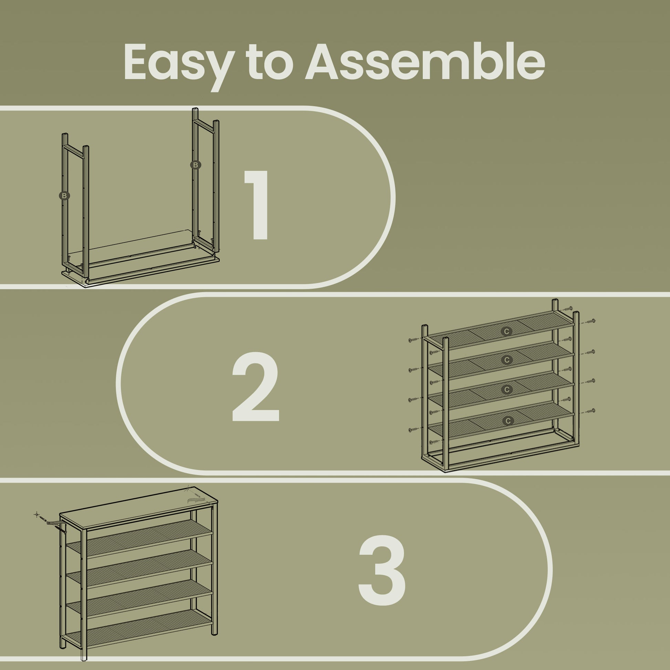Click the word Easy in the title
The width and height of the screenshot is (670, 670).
pyautogui.click(x=177, y=63)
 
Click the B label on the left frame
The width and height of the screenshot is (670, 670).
pyautogui.click(x=64, y=196)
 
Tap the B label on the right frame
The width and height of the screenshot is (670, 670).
pyautogui.click(x=196, y=165)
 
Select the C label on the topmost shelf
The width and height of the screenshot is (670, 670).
pyautogui.click(x=507, y=332)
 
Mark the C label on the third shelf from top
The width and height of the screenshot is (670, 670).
pyautogui.click(x=507, y=390)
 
